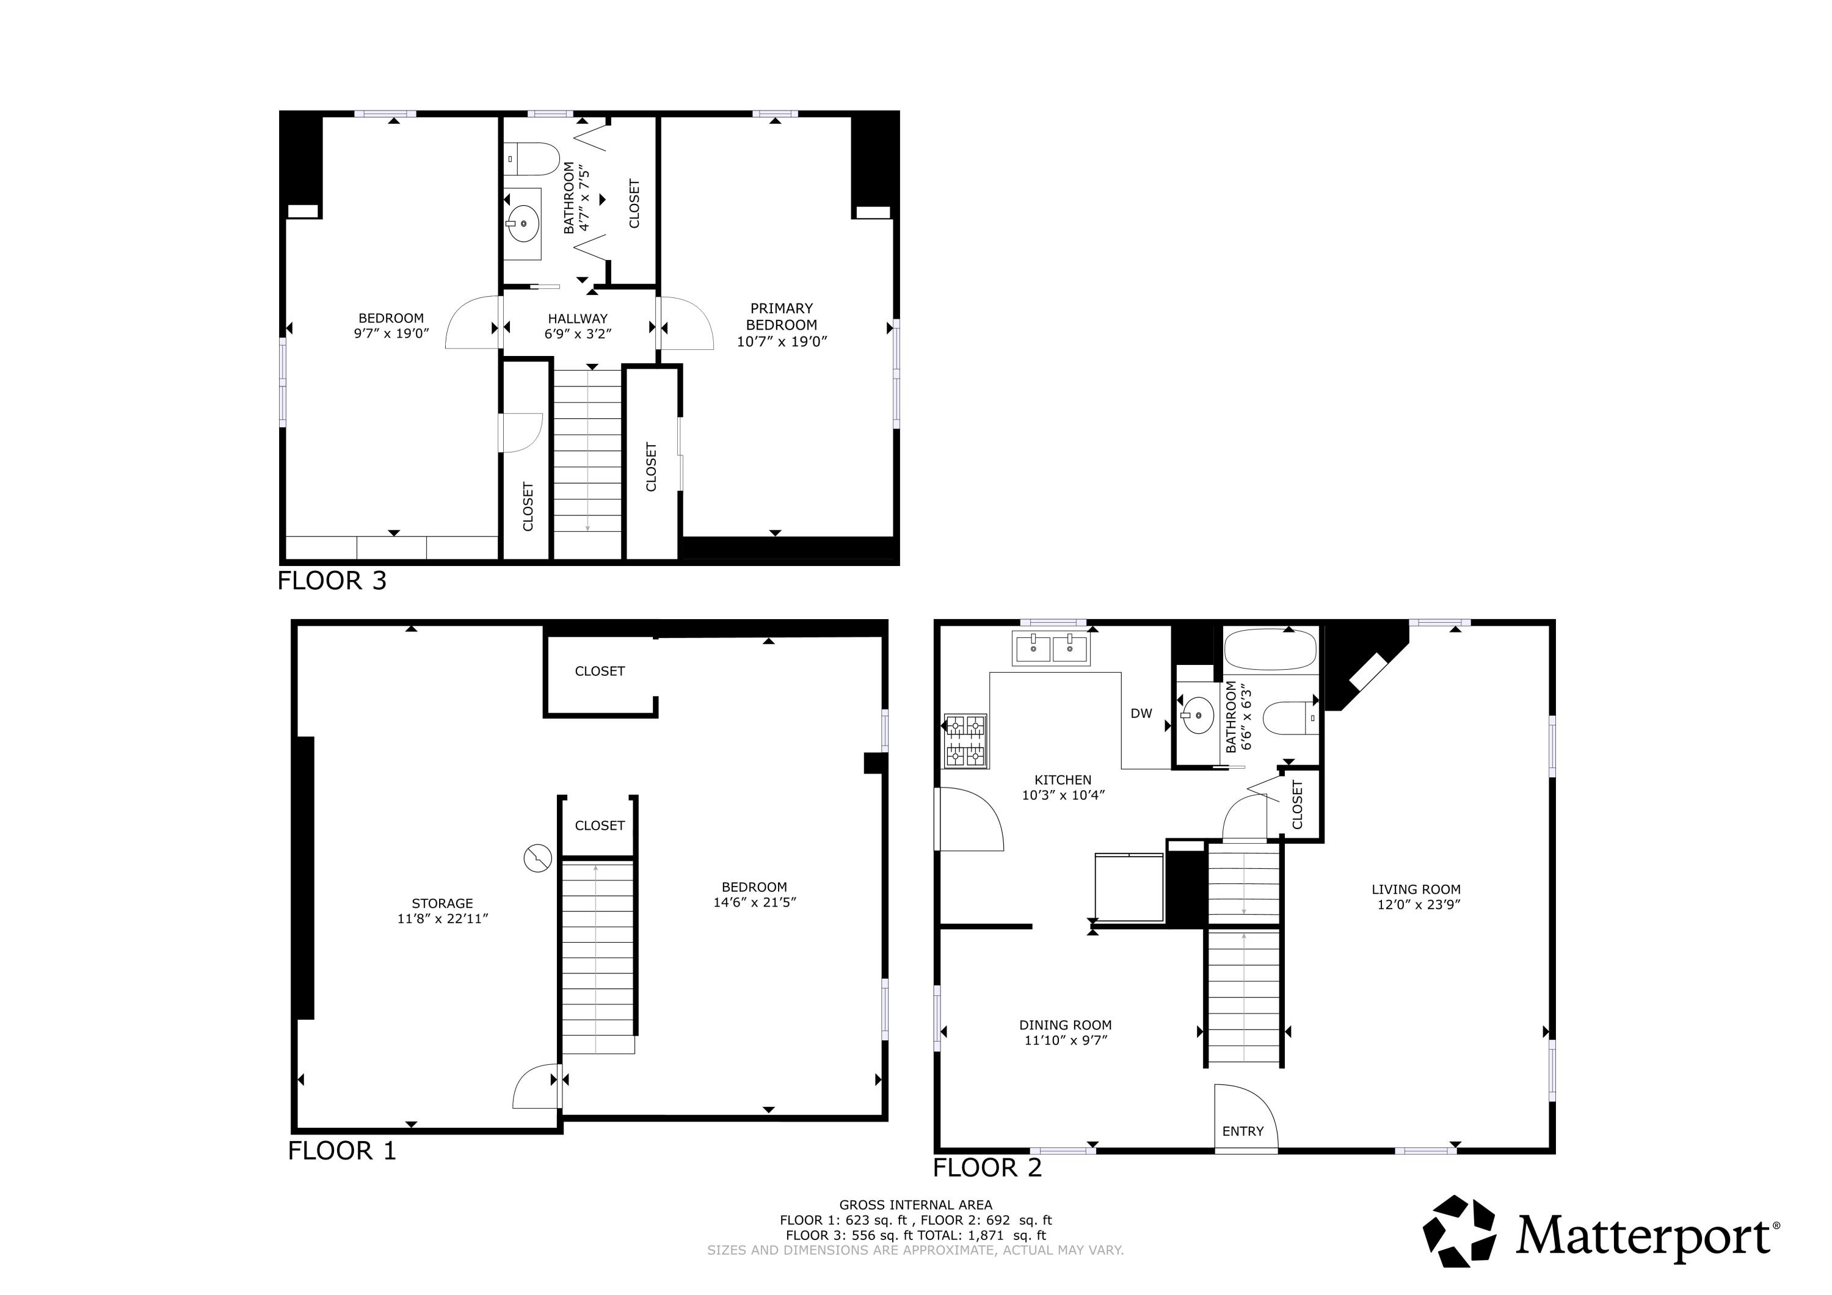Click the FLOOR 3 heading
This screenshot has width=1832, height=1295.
[x=332, y=580]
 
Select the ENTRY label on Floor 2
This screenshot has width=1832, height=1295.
[x=1242, y=1131]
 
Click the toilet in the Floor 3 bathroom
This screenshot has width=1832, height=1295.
[x=533, y=159]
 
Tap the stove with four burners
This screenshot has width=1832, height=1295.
[x=965, y=741]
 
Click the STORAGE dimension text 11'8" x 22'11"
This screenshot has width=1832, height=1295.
[x=442, y=918]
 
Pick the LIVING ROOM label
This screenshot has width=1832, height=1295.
[x=1416, y=889]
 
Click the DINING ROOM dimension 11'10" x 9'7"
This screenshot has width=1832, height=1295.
[x=1065, y=1040]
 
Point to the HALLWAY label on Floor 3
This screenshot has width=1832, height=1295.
[x=578, y=318]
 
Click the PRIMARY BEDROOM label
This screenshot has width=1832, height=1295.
[x=781, y=317]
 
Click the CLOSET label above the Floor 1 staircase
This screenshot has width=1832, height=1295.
[x=599, y=826]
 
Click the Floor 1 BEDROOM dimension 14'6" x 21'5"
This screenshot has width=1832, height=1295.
[x=754, y=902]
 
